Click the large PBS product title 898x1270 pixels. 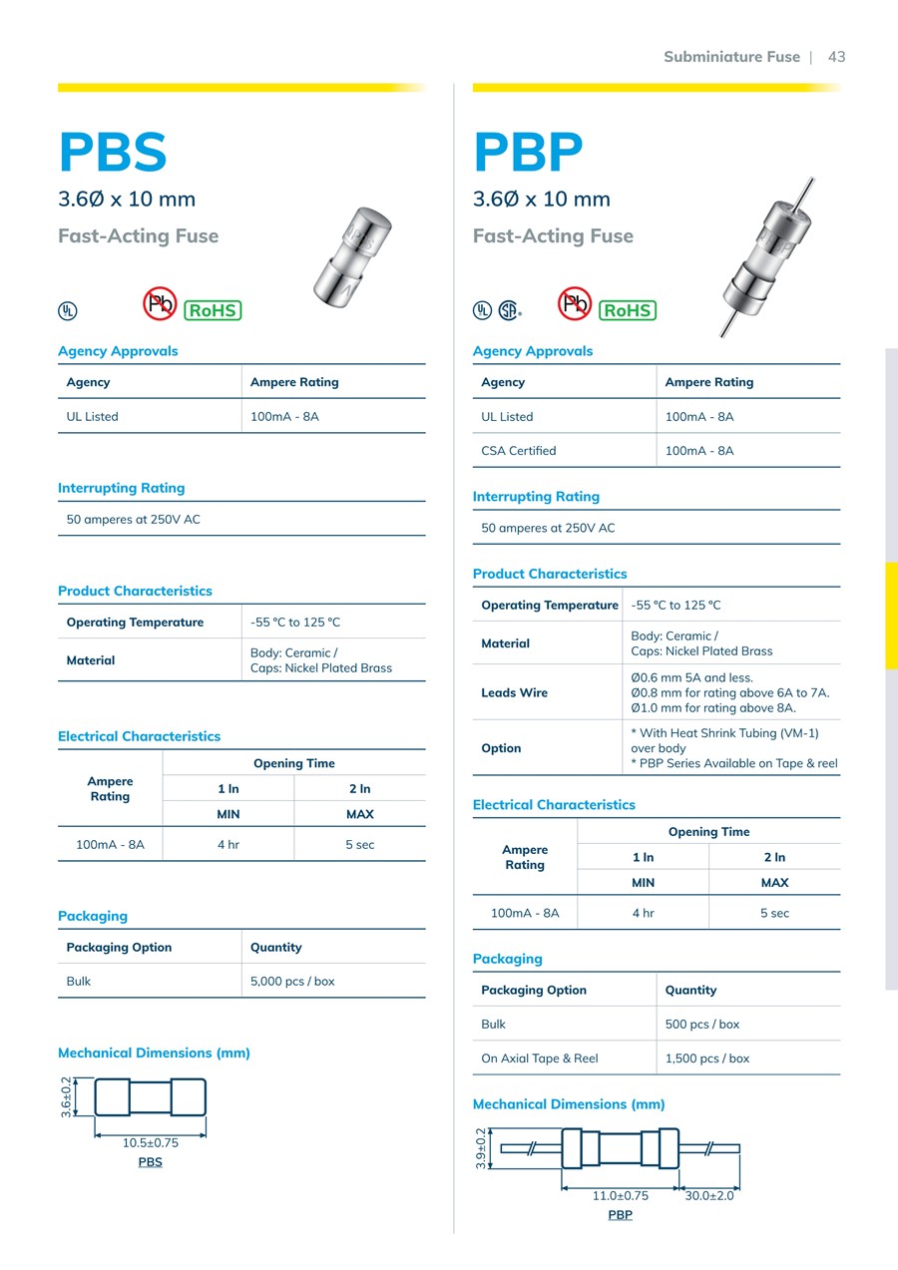point(113,153)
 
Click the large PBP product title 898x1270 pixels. point(528,153)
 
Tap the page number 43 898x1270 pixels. point(836,57)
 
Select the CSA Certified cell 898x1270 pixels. point(519,451)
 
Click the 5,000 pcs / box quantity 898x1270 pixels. point(292,982)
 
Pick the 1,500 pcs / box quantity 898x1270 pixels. point(707,1058)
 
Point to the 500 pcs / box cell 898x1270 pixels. point(702,1025)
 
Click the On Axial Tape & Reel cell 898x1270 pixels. point(540,1058)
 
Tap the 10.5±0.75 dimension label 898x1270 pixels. point(151,1143)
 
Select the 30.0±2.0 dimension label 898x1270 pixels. point(709,1196)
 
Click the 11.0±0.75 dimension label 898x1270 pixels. point(621,1196)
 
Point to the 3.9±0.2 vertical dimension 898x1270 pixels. point(481,1148)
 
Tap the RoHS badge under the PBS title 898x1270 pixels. point(213,310)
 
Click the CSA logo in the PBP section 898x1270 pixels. point(509,310)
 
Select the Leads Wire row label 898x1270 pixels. point(514,692)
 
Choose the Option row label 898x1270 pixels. point(501,748)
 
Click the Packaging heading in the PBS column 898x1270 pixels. point(93,916)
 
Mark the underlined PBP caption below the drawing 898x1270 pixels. point(621,1215)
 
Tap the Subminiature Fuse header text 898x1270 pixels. point(731,57)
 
